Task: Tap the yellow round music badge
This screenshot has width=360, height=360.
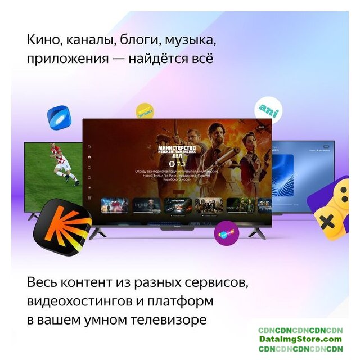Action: pyautogui.click(x=145, y=111)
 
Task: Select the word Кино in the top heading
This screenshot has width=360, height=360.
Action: pyautogui.click(x=43, y=41)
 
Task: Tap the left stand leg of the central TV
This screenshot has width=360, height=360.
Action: pyautogui.click(x=97, y=232)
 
